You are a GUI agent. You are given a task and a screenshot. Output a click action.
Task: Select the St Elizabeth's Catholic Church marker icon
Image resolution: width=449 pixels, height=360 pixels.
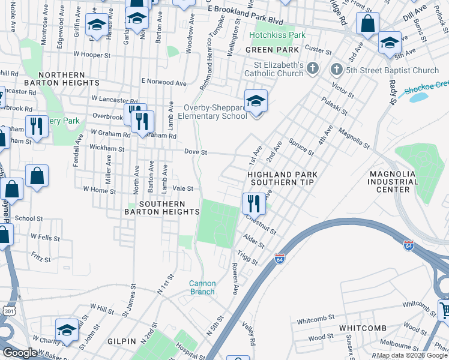pyautogui.click(x=312, y=69)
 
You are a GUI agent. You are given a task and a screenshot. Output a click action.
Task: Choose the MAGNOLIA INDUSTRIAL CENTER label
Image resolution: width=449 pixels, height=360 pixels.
pyautogui.click(x=393, y=181)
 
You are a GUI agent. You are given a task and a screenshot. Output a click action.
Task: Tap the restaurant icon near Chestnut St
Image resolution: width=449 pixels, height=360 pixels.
pyautogui.click(x=255, y=203)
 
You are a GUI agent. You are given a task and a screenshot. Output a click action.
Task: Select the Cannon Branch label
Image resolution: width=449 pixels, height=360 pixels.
pyautogui.click(x=202, y=287)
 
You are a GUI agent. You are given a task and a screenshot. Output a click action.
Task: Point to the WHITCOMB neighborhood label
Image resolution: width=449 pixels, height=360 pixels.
pyautogui.click(x=361, y=328)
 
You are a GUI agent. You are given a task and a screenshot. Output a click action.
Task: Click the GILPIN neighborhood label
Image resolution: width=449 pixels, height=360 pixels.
pyautogui.click(x=122, y=341)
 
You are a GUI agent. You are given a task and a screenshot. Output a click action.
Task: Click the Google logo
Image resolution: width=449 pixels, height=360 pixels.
pyautogui.click(x=20, y=353)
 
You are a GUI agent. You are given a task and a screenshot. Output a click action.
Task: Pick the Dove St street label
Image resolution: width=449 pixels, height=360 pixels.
pyautogui.click(x=195, y=152)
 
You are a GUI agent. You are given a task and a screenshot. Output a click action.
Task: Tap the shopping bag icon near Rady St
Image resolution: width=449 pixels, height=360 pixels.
pyautogui.click(x=368, y=24)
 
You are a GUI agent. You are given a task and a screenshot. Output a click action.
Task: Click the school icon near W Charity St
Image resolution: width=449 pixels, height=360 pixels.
pyautogui.click(x=67, y=329)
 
